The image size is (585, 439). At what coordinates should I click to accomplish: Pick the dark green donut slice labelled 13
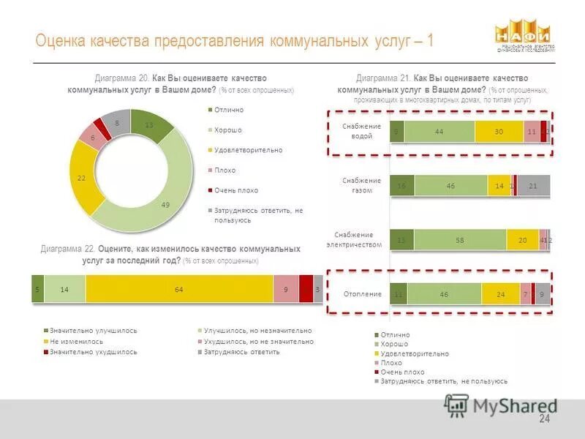tap(151, 127)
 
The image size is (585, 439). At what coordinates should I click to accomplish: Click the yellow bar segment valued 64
tap(179, 289)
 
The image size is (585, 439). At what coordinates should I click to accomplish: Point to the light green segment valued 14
tap(64, 289)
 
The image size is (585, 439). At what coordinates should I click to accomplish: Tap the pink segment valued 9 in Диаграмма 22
tap(286, 289)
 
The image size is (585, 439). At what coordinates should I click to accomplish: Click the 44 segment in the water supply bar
tap(439, 132)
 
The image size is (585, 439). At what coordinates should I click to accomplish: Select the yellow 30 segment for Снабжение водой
tap(499, 132)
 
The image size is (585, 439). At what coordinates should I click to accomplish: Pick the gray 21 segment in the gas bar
tap(533, 186)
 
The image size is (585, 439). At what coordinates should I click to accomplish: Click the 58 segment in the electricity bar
tap(460, 239)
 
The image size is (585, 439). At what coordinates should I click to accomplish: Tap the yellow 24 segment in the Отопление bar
tap(500, 293)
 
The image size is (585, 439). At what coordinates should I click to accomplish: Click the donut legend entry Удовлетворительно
tap(248, 150)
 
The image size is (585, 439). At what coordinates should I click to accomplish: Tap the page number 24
tap(544, 419)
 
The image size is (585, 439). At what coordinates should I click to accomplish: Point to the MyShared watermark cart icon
tap(457, 405)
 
